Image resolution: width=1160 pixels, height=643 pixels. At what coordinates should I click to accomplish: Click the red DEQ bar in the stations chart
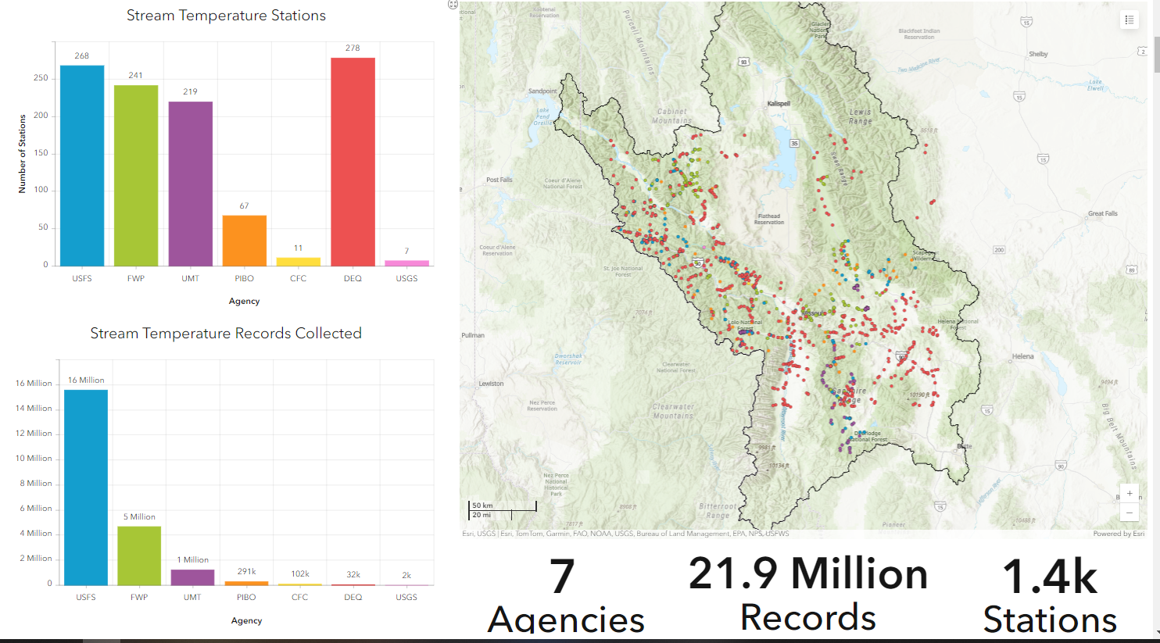[x=353, y=162]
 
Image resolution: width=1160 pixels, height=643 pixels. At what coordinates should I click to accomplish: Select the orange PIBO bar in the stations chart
[x=244, y=241]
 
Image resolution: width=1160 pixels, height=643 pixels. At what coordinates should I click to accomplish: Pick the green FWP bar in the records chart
[x=139, y=555]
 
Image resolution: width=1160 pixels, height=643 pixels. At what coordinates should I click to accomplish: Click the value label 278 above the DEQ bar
[x=353, y=48]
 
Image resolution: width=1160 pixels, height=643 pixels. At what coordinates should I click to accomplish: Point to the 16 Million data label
[x=86, y=380]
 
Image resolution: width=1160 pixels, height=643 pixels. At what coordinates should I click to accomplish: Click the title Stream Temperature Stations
[x=226, y=16]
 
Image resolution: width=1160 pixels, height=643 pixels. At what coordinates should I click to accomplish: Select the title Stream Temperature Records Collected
[x=226, y=334]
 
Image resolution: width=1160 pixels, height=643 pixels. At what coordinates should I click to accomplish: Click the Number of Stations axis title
[x=22, y=154]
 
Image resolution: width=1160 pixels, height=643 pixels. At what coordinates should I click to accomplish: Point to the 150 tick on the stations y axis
[x=40, y=153]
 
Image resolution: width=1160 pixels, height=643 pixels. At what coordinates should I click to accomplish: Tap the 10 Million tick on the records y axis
[x=34, y=459]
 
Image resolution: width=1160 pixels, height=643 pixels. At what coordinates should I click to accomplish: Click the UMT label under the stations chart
[x=190, y=279]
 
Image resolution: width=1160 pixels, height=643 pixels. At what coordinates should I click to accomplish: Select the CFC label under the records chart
[x=299, y=598]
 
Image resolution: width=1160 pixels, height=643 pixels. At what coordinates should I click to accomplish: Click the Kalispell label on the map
[x=779, y=104]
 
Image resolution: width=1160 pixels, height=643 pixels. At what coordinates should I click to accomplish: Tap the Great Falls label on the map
[x=1102, y=213]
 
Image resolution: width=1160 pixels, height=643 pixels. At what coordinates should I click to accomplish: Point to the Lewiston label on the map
[x=491, y=384]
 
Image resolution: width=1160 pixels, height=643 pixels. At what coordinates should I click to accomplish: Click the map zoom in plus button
[x=1129, y=494]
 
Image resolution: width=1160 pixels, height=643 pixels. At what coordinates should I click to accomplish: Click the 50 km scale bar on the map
[x=503, y=505]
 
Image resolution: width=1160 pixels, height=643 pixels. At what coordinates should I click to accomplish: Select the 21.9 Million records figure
[x=807, y=574]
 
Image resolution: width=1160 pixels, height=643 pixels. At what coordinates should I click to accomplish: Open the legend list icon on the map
[x=1129, y=20]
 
